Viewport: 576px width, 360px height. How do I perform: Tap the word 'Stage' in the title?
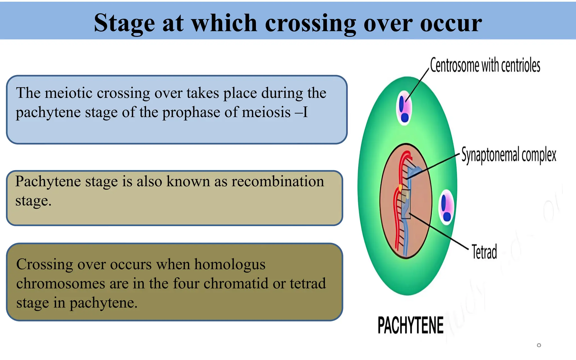[x=124, y=23]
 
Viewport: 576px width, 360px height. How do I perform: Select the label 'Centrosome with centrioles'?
[x=485, y=65]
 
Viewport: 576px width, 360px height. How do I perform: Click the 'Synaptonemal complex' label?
[x=508, y=155]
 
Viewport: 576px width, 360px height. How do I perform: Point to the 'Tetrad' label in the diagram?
[x=484, y=252]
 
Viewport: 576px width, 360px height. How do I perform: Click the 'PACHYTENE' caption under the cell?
[x=410, y=325]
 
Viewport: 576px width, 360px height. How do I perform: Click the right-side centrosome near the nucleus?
[x=446, y=207]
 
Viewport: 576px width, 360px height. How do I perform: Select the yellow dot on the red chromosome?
[x=400, y=187]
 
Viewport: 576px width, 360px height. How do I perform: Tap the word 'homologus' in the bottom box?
[x=229, y=264]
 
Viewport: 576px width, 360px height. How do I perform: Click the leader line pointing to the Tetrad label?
[x=439, y=232]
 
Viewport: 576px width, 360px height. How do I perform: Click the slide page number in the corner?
[x=539, y=345]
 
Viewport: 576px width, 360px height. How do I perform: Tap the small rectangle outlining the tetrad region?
[x=406, y=204]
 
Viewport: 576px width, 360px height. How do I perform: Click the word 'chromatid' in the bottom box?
[x=232, y=283]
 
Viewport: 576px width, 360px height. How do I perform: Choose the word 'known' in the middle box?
[x=188, y=181]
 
